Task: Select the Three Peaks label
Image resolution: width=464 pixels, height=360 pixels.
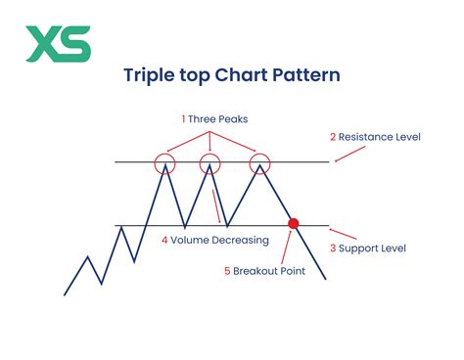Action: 215,118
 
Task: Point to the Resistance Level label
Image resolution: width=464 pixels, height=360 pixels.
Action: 381,136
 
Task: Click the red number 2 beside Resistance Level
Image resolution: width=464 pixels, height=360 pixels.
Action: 332,136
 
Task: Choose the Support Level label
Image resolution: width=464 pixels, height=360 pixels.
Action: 372,248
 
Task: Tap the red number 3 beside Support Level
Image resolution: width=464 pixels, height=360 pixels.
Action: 332,248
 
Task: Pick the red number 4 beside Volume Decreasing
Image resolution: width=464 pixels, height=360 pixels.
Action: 163,238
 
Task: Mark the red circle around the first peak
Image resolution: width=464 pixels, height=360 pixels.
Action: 165,162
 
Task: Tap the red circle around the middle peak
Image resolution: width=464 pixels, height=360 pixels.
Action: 209,162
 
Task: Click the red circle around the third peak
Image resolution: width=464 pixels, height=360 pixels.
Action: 259,162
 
